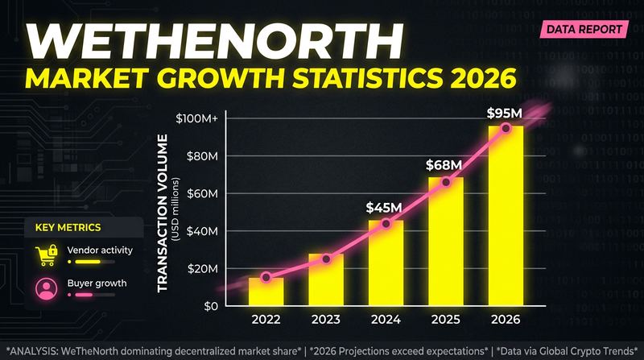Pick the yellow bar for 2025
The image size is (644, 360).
click(445, 242)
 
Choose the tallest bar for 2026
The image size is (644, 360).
click(506, 216)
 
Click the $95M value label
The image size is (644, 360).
click(506, 114)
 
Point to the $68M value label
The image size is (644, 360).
click(444, 166)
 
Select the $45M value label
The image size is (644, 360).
click(384, 207)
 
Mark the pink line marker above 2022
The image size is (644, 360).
click(266, 277)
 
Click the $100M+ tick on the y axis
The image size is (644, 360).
click(197, 118)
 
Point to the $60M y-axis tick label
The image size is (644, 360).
click(201, 193)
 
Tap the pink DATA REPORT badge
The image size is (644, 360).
click(585, 30)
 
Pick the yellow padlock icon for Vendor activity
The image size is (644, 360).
click(46, 255)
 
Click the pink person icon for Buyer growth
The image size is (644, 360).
click(46, 288)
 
